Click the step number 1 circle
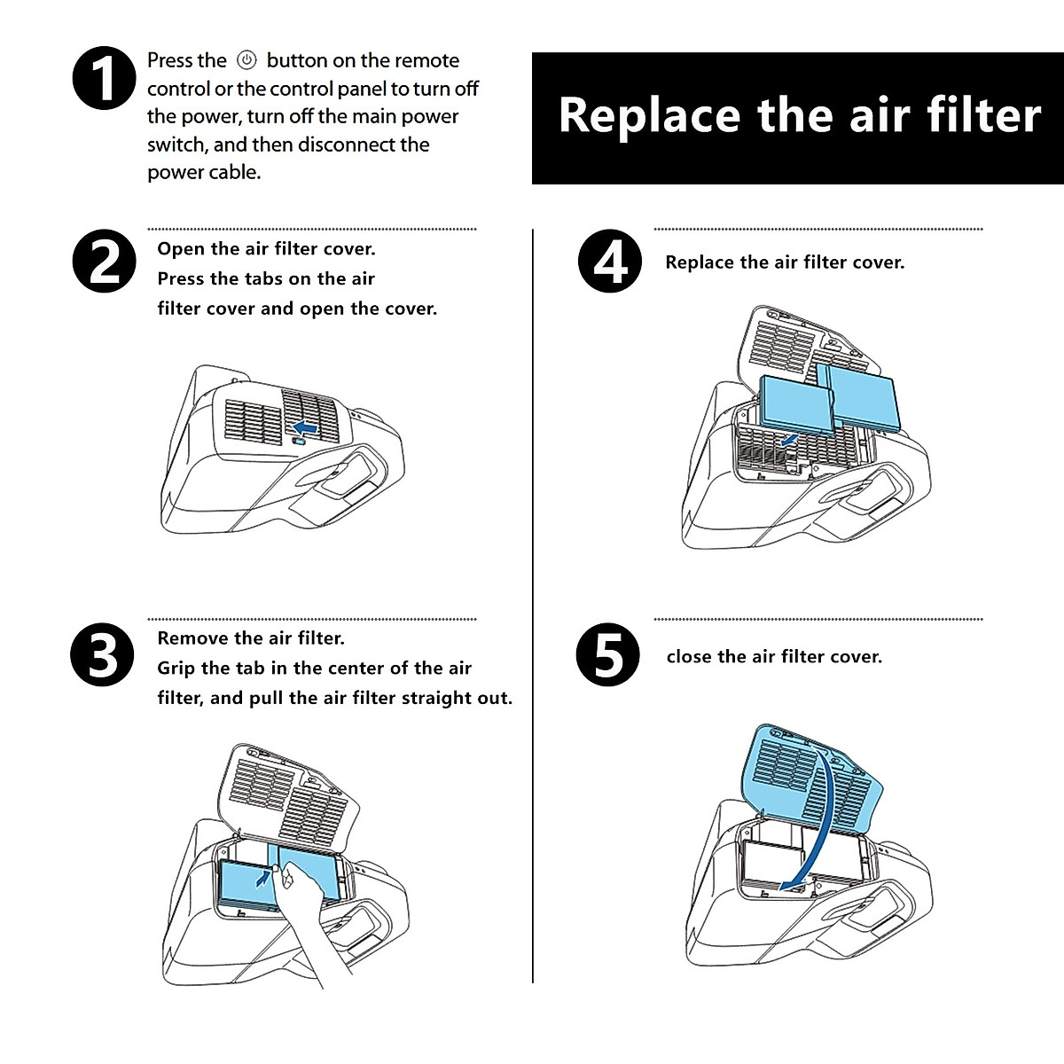pyautogui.click(x=104, y=78)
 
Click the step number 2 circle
pyautogui.click(x=104, y=262)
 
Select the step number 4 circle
pyautogui.click(x=609, y=261)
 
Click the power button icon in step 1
pyautogui.click(x=246, y=60)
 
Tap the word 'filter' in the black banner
pyautogui.click(x=983, y=116)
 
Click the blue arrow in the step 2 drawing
pyautogui.click(x=305, y=427)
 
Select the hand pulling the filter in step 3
pyautogui.click(x=301, y=913)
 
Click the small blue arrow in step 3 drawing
pyautogui.click(x=262, y=878)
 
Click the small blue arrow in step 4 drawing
pyautogui.click(x=789, y=440)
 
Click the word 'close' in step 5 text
pyautogui.click(x=690, y=657)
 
